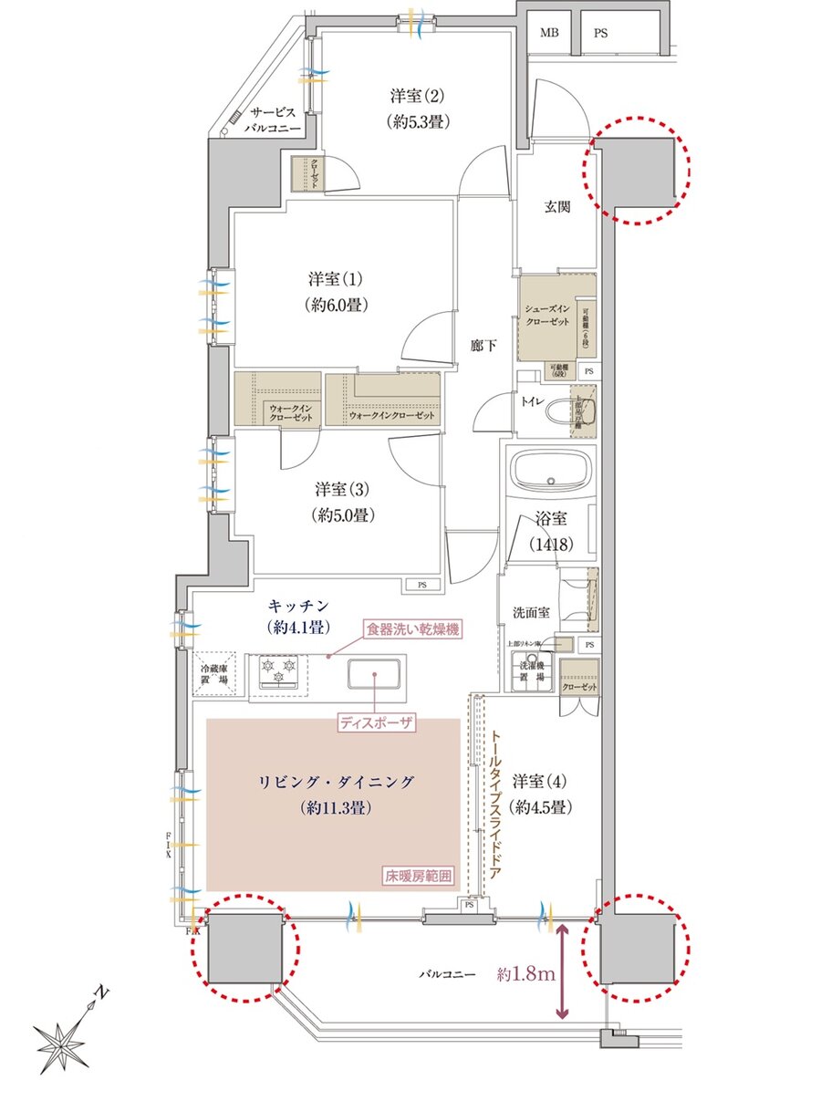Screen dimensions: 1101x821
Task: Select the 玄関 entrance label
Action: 557,207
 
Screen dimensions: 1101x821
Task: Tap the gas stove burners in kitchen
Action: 279,672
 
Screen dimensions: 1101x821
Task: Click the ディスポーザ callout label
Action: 377,722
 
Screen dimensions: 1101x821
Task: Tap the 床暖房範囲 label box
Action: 419,878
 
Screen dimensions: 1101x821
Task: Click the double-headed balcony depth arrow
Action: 562,971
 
